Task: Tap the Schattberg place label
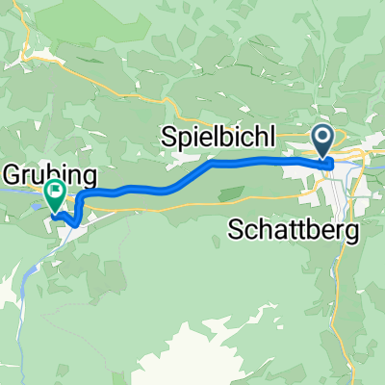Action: [295, 230]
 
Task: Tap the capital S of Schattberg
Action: [237, 230]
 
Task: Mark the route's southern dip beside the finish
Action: [74, 222]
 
